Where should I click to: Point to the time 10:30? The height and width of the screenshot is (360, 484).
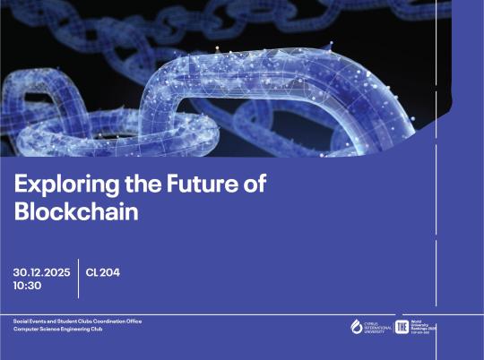tap(28, 286)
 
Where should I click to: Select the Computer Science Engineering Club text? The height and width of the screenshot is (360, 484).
tap(57, 330)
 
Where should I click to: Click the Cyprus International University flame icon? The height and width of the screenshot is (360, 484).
tap(357, 326)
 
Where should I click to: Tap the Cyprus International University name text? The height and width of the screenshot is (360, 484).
tap(375, 327)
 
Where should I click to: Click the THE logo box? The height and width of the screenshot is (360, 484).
tap(402, 326)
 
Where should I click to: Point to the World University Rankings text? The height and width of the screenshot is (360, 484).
tap(425, 326)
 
